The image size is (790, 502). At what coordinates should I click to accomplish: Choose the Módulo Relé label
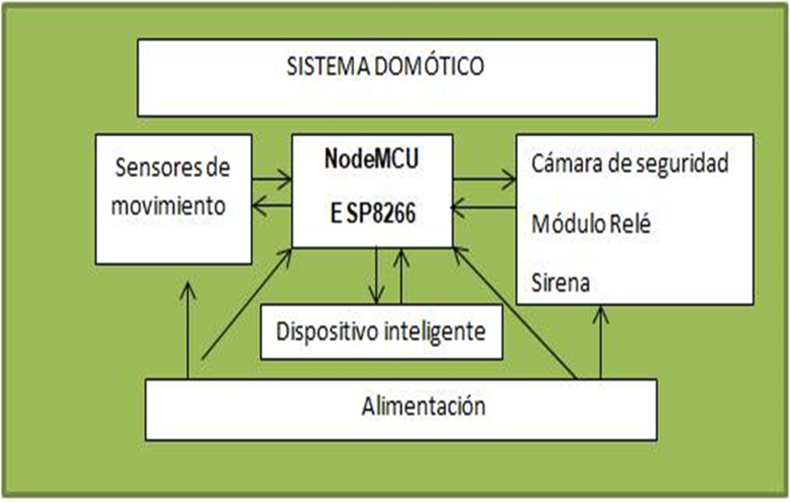pos(590,224)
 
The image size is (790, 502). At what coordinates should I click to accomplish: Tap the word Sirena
pos(560,283)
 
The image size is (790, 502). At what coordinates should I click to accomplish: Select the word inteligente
pos(436,331)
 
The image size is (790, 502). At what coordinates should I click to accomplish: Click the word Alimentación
pos(423,407)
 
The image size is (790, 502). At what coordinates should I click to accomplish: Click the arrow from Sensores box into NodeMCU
pos(272,177)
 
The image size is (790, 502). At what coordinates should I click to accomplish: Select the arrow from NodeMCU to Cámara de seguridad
pos(485,177)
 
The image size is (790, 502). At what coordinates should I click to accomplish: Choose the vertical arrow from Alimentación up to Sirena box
pos(600,343)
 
